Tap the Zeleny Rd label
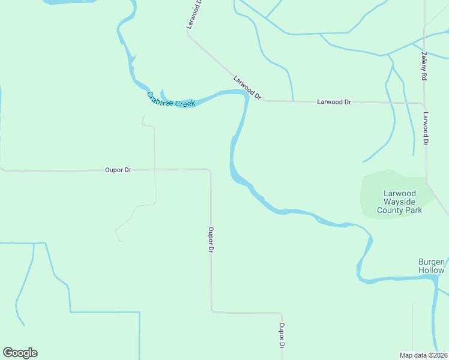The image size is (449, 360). pyautogui.click(x=424, y=67)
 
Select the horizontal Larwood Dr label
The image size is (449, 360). pyautogui.click(x=334, y=102)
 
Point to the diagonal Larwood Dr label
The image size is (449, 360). pyautogui.click(x=247, y=87)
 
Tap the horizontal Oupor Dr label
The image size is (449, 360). pyautogui.click(x=118, y=170)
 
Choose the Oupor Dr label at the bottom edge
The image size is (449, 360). pyautogui.click(x=281, y=336)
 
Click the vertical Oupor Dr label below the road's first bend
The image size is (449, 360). pyautogui.click(x=211, y=239)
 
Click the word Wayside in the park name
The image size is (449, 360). pyautogui.click(x=400, y=202)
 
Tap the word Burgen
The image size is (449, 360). pyautogui.click(x=432, y=262)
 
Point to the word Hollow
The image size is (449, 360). pyautogui.click(x=432, y=270)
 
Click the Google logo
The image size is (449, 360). pyautogui.click(x=20, y=353)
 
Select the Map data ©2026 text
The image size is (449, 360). pyautogui.click(x=424, y=355)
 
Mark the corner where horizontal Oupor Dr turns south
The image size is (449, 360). pyautogui.click(x=209, y=170)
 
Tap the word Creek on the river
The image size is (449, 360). pyautogui.click(x=184, y=103)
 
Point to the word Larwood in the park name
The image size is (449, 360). pyautogui.click(x=400, y=193)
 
